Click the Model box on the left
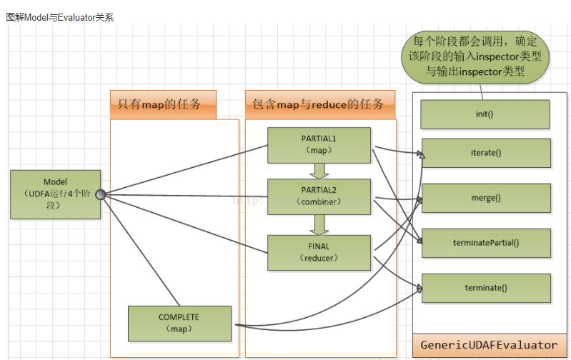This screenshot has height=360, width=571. coord(56,194)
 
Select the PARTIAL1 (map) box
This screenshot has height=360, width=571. coord(319,145)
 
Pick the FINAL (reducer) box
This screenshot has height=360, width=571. coord(319,252)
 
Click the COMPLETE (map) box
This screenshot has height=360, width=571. coord(179,323)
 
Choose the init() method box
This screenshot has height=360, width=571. coord(485,114)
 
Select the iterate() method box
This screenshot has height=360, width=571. coord(486,153)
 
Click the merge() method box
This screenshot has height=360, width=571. coord(486,198)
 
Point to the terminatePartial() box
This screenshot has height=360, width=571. coord(486,243)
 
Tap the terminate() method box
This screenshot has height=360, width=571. coord(486,288)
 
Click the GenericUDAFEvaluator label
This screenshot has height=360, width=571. coord(489,345)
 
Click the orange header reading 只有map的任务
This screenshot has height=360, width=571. coord(164,105)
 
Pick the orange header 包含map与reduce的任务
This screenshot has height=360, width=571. coord(319,104)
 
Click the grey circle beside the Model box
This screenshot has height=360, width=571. coord(101,194)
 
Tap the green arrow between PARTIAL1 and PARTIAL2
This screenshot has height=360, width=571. coord(319,171)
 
